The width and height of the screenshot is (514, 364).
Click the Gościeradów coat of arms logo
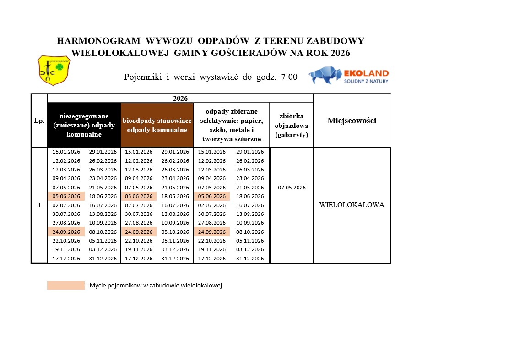click(54, 70)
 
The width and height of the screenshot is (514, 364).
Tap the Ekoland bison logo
click(325, 75)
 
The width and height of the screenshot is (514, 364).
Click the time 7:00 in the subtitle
click(289, 77)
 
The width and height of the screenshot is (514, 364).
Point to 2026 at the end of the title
click(340, 53)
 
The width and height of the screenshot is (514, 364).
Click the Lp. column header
click(39, 121)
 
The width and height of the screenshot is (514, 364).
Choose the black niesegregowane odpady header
click(84, 125)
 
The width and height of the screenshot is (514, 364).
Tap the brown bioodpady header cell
click(157, 125)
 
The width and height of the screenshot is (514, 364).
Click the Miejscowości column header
click(352, 121)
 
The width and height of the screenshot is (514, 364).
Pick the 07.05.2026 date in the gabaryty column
click(292, 188)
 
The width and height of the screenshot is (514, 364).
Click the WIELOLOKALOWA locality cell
click(352, 205)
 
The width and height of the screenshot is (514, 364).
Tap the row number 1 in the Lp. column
click(39, 205)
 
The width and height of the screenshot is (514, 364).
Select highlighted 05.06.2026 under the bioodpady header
click(139, 196)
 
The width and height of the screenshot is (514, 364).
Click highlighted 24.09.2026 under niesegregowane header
click(66, 232)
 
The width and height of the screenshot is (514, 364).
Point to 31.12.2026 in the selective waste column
click(250, 259)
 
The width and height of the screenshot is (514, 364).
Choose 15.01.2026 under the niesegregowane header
click(66, 152)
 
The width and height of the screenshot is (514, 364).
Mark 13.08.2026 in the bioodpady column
click(175, 214)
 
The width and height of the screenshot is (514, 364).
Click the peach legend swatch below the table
click(65, 285)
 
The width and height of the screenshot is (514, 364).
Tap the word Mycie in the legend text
click(97, 286)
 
